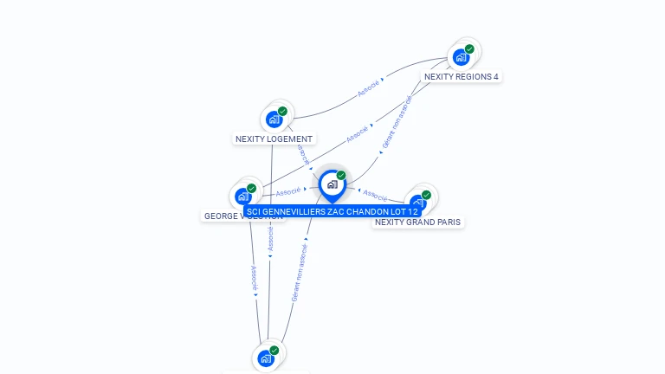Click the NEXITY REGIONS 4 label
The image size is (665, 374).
pyautogui.click(x=461, y=76)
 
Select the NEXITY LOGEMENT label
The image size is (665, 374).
pyautogui.click(x=274, y=139)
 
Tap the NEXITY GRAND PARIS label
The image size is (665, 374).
pyautogui.click(x=417, y=222)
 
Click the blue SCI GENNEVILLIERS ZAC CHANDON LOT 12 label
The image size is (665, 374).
pyautogui.click(x=332, y=211)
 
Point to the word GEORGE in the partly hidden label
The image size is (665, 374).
pyautogui.click(x=222, y=216)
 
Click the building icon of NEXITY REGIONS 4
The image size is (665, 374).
pyautogui.click(x=461, y=58)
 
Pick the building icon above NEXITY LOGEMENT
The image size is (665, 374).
pyautogui.click(x=274, y=119)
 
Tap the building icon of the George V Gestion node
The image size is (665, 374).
pyautogui.click(x=242, y=197)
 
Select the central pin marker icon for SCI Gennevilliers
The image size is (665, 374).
pyautogui.click(x=332, y=184)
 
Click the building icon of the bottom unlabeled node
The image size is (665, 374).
pyautogui.click(x=265, y=358)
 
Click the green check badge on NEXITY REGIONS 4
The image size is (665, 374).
pyautogui.click(x=469, y=49)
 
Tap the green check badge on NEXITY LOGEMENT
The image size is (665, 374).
pyautogui.click(x=282, y=112)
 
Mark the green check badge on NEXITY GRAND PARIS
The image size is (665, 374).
pyautogui.click(x=426, y=195)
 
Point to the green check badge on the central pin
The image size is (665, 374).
pyautogui.click(x=341, y=176)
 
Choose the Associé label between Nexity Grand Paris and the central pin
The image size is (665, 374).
pyautogui.click(x=375, y=194)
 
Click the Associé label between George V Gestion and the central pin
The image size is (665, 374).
pyautogui.click(x=288, y=191)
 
